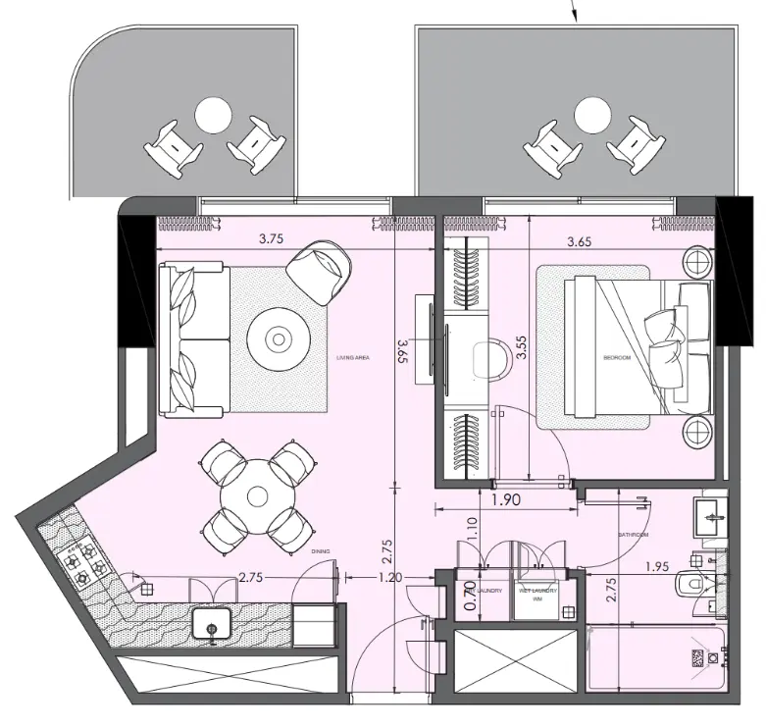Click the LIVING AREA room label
350,359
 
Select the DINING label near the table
320,551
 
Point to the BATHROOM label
633,535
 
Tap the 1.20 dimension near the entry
390,578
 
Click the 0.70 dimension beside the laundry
469,596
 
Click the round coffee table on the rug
280,339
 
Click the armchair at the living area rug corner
321,269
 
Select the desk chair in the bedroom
487,357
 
